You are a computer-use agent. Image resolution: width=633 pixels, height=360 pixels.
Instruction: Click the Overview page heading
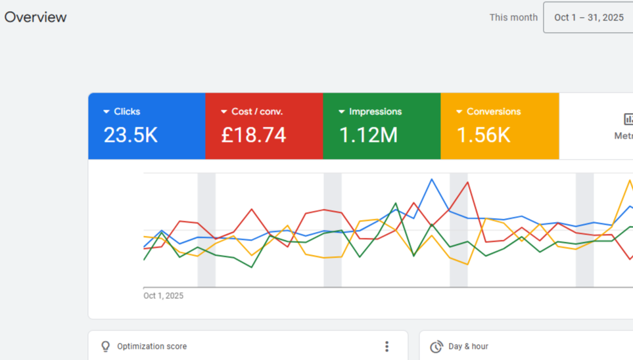(35, 17)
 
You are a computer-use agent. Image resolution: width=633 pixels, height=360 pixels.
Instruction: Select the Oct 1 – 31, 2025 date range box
(588, 18)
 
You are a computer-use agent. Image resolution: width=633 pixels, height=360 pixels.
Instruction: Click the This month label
(513, 18)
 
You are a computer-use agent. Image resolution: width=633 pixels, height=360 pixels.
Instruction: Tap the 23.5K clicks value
(130, 135)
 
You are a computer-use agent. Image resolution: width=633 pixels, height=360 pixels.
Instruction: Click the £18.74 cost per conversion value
(253, 135)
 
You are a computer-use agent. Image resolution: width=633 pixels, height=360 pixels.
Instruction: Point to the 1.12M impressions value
(368, 135)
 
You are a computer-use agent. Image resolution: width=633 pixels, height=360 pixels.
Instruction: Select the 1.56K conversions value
(483, 135)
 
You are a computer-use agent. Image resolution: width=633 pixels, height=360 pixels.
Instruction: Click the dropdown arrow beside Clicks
(106, 112)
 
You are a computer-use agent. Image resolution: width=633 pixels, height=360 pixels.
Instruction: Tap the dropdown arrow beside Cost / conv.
(224, 112)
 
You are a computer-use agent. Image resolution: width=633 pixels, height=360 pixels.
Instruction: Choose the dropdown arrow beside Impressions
(342, 112)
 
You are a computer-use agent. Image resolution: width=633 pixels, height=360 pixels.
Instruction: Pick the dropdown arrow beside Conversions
(459, 112)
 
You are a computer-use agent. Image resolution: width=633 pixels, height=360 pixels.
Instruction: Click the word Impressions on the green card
(375, 112)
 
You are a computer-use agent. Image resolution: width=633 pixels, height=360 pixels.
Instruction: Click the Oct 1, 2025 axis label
(164, 296)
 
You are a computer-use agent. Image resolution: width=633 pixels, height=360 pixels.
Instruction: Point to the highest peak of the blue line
(432, 179)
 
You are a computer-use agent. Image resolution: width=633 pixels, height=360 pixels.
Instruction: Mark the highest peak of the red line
(468, 183)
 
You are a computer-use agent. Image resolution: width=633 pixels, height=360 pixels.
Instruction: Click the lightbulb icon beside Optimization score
(105, 346)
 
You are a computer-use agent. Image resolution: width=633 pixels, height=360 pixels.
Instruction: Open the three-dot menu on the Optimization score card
(387, 346)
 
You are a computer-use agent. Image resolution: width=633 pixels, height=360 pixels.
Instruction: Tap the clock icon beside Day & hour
(436, 346)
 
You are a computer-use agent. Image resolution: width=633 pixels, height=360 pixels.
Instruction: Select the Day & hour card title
(468, 346)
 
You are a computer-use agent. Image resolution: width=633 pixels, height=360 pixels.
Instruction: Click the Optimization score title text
(152, 346)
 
